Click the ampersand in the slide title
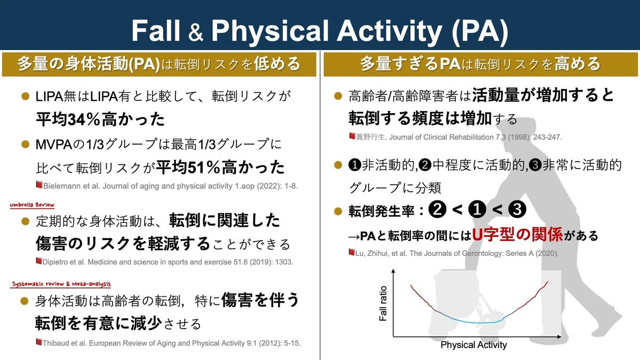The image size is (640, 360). click(196, 32)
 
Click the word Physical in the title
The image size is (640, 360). click(269, 31)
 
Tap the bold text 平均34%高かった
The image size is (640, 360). click(100, 119)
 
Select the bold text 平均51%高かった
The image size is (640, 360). click(220, 167)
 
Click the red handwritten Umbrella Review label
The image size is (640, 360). click(32, 205)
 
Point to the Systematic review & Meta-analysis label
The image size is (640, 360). click(61, 284)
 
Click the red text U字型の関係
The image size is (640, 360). click(517, 235)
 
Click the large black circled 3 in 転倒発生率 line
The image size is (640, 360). click(517, 209)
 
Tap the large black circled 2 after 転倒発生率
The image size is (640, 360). click(437, 209)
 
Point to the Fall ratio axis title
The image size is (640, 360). click(382, 303)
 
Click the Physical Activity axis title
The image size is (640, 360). click(474, 345)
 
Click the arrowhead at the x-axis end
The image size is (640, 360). click(559, 337)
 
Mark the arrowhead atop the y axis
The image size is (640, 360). click(394, 271)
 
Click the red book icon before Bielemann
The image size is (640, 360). click(39, 185)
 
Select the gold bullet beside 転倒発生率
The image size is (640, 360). click(338, 211)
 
